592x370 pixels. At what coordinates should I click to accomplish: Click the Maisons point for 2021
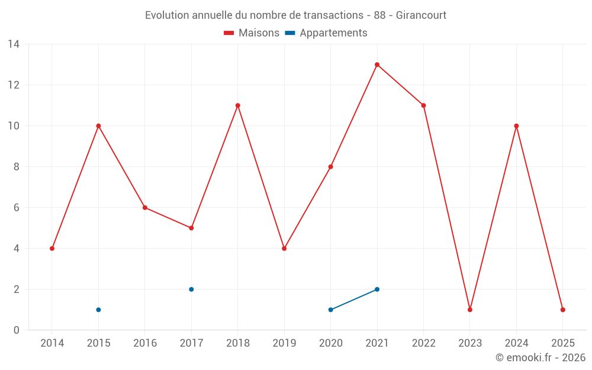point(377,65)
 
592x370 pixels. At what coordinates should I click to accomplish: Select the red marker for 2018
point(238,105)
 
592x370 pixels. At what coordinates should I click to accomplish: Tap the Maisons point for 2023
point(470,310)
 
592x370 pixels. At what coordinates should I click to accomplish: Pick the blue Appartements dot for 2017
point(191,289)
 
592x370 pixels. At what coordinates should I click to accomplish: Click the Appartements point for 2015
point(98,310)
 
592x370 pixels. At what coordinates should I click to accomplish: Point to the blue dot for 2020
point(331,310)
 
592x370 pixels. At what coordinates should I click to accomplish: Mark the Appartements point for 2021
point(377,289)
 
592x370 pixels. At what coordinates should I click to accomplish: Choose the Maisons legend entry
point(252,33)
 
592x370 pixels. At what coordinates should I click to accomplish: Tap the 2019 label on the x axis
point(284,343)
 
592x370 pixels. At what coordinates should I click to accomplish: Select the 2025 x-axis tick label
point(563,343)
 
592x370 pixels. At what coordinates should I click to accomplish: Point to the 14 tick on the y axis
point(14,44)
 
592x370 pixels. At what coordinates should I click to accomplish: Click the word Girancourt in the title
point(421,15)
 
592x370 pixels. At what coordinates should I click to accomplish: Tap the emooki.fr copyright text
point(540,358)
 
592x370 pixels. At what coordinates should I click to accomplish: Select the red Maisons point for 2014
point(52,249)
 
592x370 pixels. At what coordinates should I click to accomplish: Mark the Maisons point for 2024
point(517,126)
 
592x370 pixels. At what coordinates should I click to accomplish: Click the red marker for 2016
point(145,208)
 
